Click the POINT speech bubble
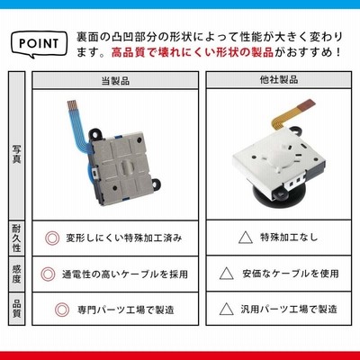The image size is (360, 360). [x=39, y=44]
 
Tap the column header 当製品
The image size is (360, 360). [x=115, y=80]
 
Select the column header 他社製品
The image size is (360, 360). [x=279, y=80]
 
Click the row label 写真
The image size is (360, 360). [x=16, y=154]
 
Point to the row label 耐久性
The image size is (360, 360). [x=16, y=238]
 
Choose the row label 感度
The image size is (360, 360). [x=16, y=274]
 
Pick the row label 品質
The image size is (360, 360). [x=16, y=309]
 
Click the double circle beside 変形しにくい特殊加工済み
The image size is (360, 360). [x=52, y=238]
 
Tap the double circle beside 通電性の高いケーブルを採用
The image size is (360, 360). [x=48, y=274]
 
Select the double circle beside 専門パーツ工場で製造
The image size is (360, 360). [x=62, y=310]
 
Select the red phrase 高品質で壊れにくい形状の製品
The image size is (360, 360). [x=193, y=52]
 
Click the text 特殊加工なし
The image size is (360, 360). [x=289, y=238]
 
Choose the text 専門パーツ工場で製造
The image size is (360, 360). [x=126, y=310]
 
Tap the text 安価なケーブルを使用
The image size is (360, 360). [x=291, y=274]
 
